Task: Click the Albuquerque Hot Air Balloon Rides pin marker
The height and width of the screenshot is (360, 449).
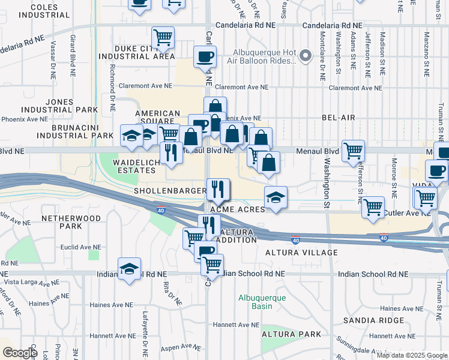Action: pos(306,56)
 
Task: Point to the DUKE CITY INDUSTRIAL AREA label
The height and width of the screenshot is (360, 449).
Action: pos(137,52)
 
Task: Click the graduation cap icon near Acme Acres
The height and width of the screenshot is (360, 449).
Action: pos(276,197)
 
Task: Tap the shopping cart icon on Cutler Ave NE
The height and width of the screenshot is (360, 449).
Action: pos(373,208)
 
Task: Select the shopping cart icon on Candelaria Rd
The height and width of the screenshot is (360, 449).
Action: pos(163,37)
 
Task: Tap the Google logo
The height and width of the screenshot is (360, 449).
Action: pos(20,353)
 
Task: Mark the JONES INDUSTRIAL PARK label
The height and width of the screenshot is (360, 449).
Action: pos(58,106)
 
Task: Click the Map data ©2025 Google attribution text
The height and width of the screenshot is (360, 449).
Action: pos(411,355)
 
